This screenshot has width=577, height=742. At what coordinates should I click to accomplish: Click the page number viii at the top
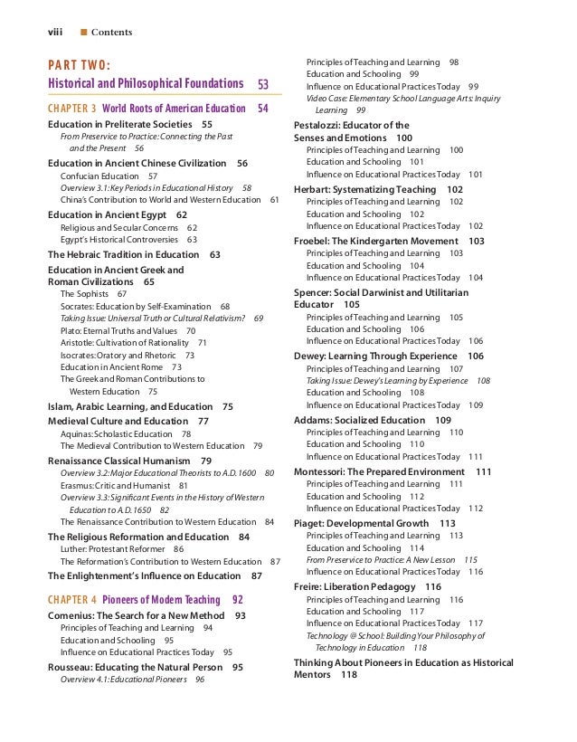(x=55, y=33)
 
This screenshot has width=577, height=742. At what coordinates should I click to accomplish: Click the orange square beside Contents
(x=84, y=33)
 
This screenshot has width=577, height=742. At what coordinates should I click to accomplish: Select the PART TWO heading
(x=79, y=66)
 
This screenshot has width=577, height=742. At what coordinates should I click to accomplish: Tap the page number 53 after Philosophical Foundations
(x=263, y=84)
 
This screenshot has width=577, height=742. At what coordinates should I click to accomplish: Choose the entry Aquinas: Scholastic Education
(x=116, y=434)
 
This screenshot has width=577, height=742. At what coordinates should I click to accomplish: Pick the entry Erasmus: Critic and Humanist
(x=114, y=485)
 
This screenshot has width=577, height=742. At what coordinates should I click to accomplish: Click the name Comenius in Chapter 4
(x=71, y=615)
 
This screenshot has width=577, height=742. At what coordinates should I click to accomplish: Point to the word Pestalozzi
(x=321, y=125)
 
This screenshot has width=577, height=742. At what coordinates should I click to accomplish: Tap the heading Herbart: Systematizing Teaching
(x=365, y=189)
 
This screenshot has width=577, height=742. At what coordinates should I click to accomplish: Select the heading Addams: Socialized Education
(x=360, y=420)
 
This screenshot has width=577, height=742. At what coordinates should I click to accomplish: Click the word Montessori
(x=323, y=471)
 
